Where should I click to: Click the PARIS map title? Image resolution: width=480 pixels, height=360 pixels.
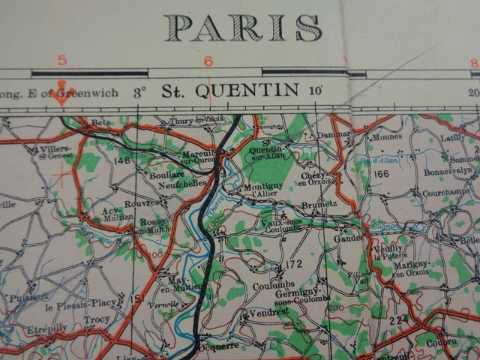point(244,28)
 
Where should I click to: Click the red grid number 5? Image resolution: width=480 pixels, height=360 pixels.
point(62,61)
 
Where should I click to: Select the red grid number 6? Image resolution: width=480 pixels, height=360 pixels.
point(208,61)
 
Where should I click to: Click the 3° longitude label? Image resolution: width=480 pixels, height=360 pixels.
point(139,92)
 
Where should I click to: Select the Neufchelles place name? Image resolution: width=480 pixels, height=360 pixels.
point(182,182)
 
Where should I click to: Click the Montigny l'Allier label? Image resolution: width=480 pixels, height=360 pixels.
point(262,189)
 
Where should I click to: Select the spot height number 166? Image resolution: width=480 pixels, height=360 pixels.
point(381,174)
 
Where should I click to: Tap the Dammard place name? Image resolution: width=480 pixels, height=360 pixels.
point(334,134)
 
